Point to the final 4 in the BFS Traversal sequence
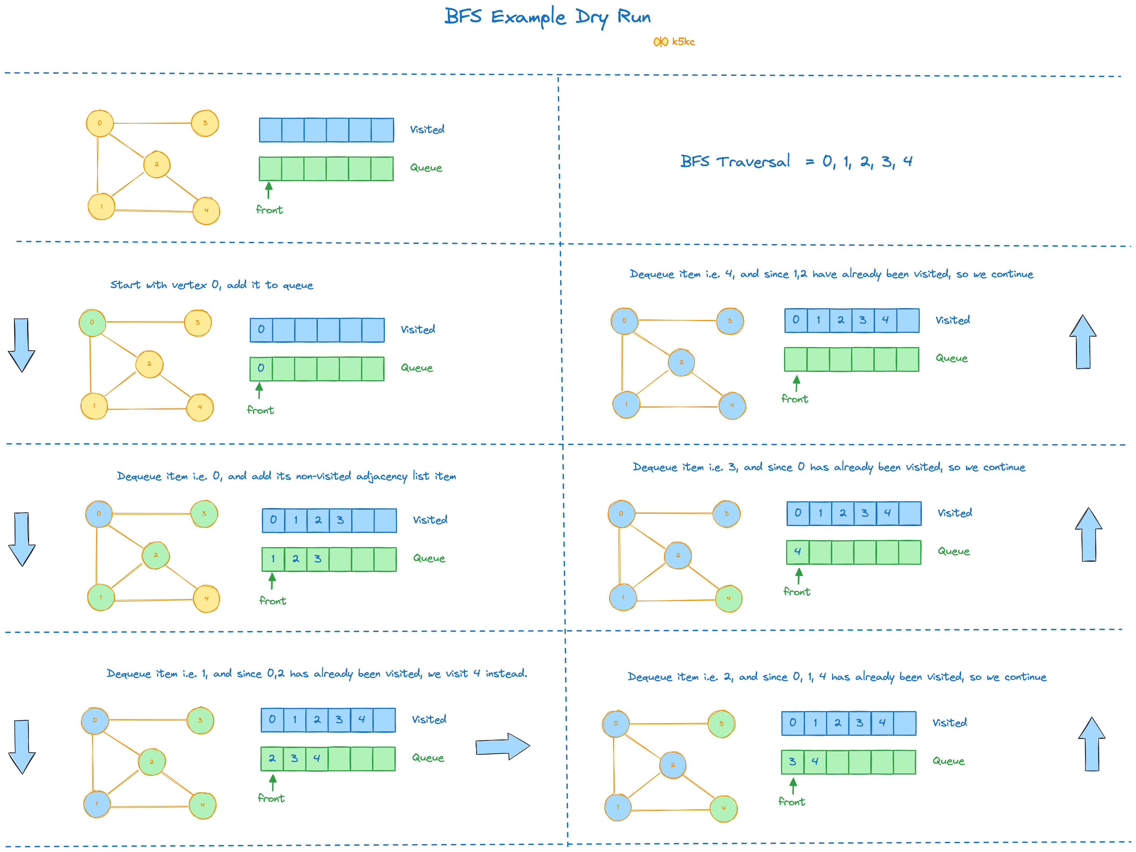click(x=907, y=161)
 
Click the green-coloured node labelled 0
click(x=93, y=322)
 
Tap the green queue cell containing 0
click(x=261, y=368)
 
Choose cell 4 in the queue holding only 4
click(x=798, y=552)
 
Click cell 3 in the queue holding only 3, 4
click(x=792, y=762)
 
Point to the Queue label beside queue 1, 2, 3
click(x=429, y=558)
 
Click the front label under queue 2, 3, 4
click(x=271, y=798)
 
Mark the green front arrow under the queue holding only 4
click(x=798, y=575)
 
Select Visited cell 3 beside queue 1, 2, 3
click(x=340, y=520)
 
